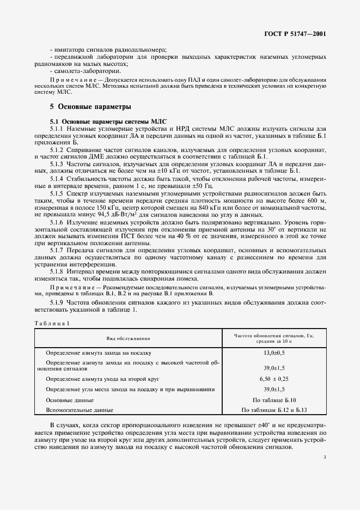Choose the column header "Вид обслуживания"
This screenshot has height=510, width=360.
(128, 339)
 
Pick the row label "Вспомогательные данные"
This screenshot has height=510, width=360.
(80, 409)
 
